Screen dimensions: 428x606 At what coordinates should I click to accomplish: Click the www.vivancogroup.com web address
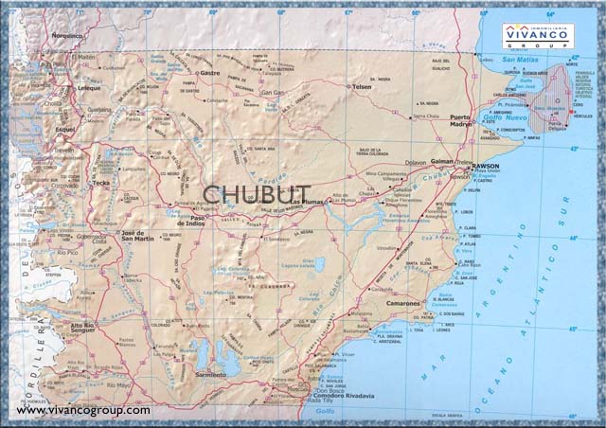point(82,410)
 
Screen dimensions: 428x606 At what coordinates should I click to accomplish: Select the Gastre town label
point(210,72)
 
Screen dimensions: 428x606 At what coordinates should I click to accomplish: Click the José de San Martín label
point(134,237)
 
